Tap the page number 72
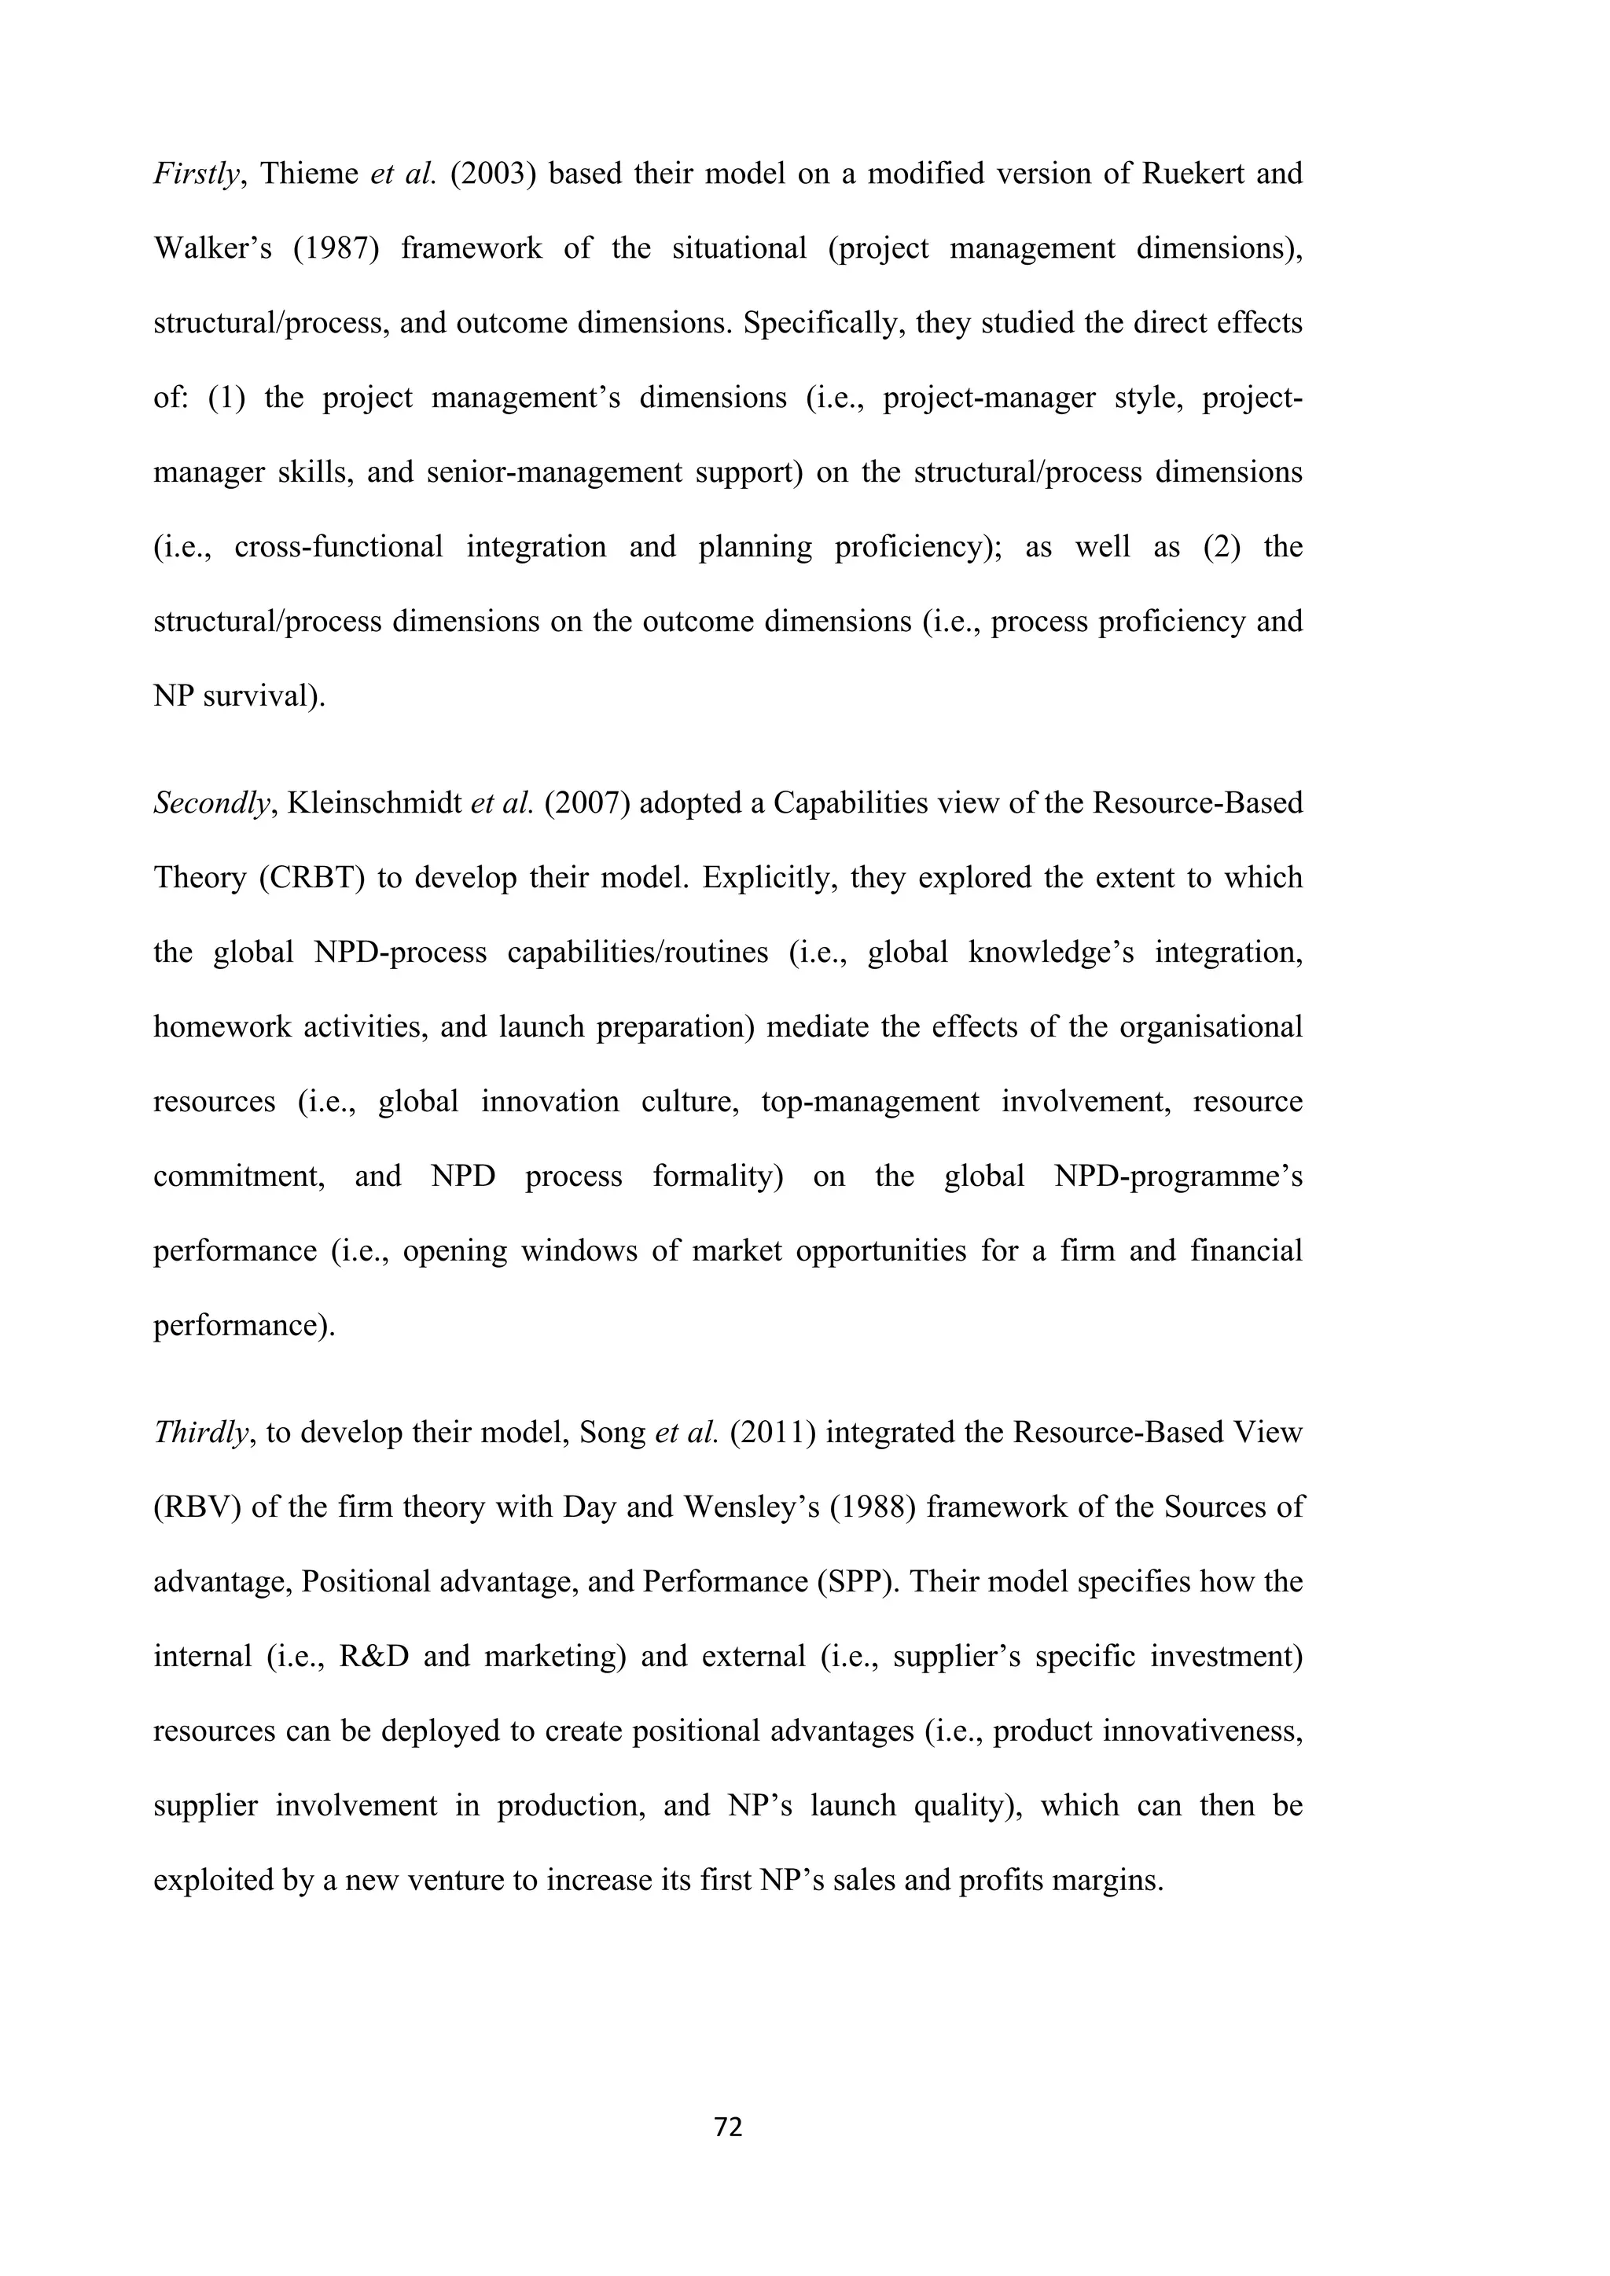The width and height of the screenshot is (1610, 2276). [x=729, y=2127]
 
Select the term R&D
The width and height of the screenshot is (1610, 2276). [x=373, y=1657]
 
